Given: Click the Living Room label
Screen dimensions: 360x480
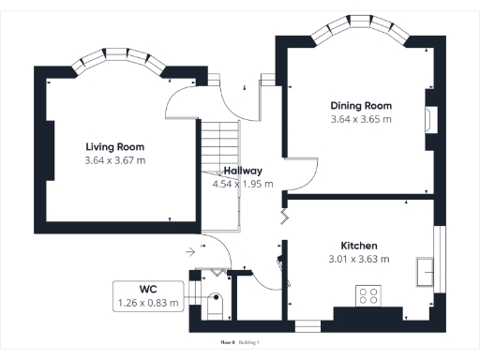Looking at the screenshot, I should (115, 147).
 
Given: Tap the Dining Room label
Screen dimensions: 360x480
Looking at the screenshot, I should (361, 106).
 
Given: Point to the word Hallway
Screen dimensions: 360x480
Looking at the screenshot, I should (243, 171).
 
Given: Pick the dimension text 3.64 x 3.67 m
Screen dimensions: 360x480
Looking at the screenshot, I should (115, 160).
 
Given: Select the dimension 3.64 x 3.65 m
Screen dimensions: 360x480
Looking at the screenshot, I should (361, 119).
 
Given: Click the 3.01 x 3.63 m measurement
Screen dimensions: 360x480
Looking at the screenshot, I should (359, 259).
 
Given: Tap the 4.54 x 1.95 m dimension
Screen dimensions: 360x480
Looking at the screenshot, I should (243, 184).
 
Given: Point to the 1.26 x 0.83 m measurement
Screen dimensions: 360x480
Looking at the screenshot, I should (147, 303).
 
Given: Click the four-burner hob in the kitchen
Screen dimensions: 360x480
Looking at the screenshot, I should (368, 295).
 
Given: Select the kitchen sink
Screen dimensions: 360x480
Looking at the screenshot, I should (427, 273).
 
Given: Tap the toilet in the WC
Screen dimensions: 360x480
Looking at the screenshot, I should (215, 306).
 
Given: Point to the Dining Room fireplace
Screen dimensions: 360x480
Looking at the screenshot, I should (429, 118).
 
